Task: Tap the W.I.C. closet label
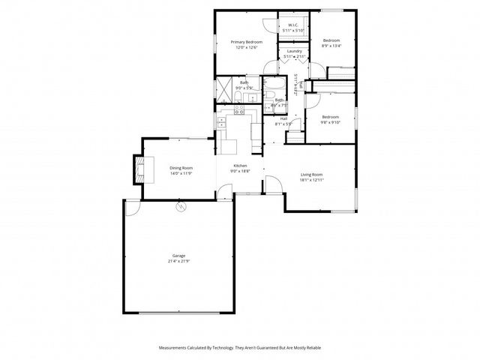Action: [x=293, y=25]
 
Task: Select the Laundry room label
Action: [x=293, y=51]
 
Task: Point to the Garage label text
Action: [x=179, y=256]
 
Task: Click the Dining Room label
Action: [x=181, y=168]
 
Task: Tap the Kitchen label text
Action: [x=240, y=165]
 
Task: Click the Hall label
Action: [x=284, y=118]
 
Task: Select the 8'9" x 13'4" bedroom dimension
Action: [x=331, y=46]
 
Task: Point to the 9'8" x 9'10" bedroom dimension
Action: [x=331, y=122]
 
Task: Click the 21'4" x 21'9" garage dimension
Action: [x=179, y=261]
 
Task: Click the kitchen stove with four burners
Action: [x=240, y=109]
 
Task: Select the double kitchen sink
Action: [x=221, y=121]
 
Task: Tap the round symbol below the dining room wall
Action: [x=180, y=205]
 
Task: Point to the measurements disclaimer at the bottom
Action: [x=240, y=348]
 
